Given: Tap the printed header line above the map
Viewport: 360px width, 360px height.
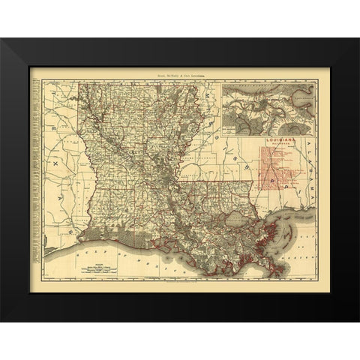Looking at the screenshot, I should pyautogui.click(x=181, y=76).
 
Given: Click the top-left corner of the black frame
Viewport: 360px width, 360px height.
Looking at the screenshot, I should pyautogui.click(x=2, y=40).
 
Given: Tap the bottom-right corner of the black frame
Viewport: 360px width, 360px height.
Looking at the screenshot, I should pyautogui.click(x=358, y=320).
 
